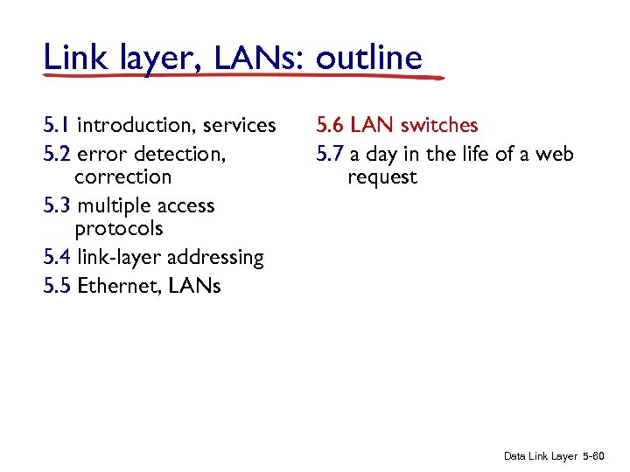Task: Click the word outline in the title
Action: click(x=368, y=58)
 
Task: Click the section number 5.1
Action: click(x=57, y=126)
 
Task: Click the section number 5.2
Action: click(x=57, y=154)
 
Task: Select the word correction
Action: click(x=123, y=177)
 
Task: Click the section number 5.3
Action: click(x=57, y=205)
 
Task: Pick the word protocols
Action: click(x=119, y=229)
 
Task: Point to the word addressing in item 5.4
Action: click(x=216, y=258)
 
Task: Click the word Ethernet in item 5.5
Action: click(x=113, y=286)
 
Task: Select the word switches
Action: click(x=439, y=126)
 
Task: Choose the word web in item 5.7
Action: click(x=555, y=154)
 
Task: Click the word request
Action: click(x=382, y=177)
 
